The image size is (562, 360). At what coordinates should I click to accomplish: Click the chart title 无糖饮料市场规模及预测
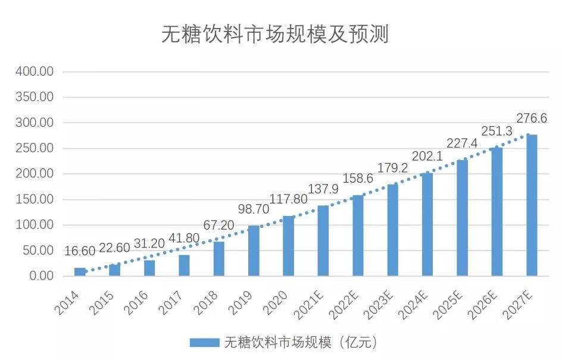(274, 35)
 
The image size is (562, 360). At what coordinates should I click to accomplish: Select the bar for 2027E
(532, 205)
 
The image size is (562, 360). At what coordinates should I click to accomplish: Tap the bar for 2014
(80, 272)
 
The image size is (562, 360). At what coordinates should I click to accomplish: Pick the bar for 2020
(288, 246)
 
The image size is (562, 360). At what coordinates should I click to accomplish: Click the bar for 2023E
(392, 230)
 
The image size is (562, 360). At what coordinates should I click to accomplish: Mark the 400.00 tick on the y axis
(35, 71)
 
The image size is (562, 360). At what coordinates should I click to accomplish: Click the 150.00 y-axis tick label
(35, 199)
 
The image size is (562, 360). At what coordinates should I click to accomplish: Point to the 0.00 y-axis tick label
(40, 276)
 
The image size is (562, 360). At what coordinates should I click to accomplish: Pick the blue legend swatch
(205, 342)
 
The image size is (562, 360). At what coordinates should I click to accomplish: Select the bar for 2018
(219, 259)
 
